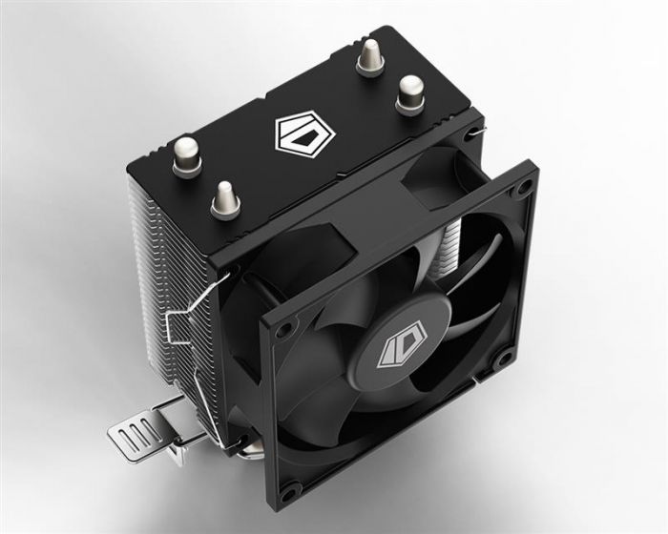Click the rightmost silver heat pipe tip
tap(410, 91)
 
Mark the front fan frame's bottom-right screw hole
tap(500, 359)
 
